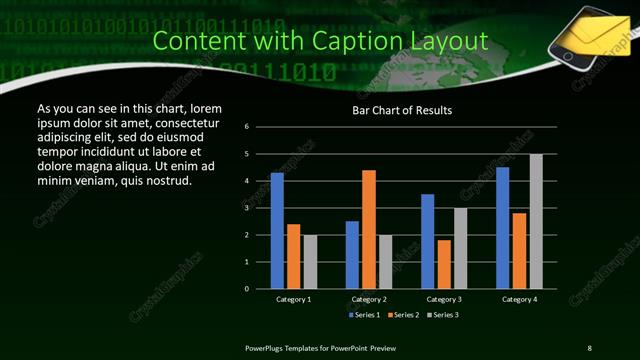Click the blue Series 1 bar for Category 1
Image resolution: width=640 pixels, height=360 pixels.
277,231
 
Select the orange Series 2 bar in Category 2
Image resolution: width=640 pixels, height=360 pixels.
368,229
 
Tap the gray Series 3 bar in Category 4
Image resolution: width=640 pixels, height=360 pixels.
536,221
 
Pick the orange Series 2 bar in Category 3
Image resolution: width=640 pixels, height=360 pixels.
444,264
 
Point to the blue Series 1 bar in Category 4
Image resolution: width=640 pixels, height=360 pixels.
503,228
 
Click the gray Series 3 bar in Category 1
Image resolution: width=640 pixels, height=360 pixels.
309,262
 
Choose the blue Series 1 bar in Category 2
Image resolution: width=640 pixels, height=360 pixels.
352,255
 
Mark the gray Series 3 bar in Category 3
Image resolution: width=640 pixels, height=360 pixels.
460,248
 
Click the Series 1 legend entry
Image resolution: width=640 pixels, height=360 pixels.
364,315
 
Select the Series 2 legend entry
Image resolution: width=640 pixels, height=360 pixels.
402,315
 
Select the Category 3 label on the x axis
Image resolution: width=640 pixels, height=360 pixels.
444,299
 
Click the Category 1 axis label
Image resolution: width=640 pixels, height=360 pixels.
293,299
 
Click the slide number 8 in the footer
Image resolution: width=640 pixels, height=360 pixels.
589,347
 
